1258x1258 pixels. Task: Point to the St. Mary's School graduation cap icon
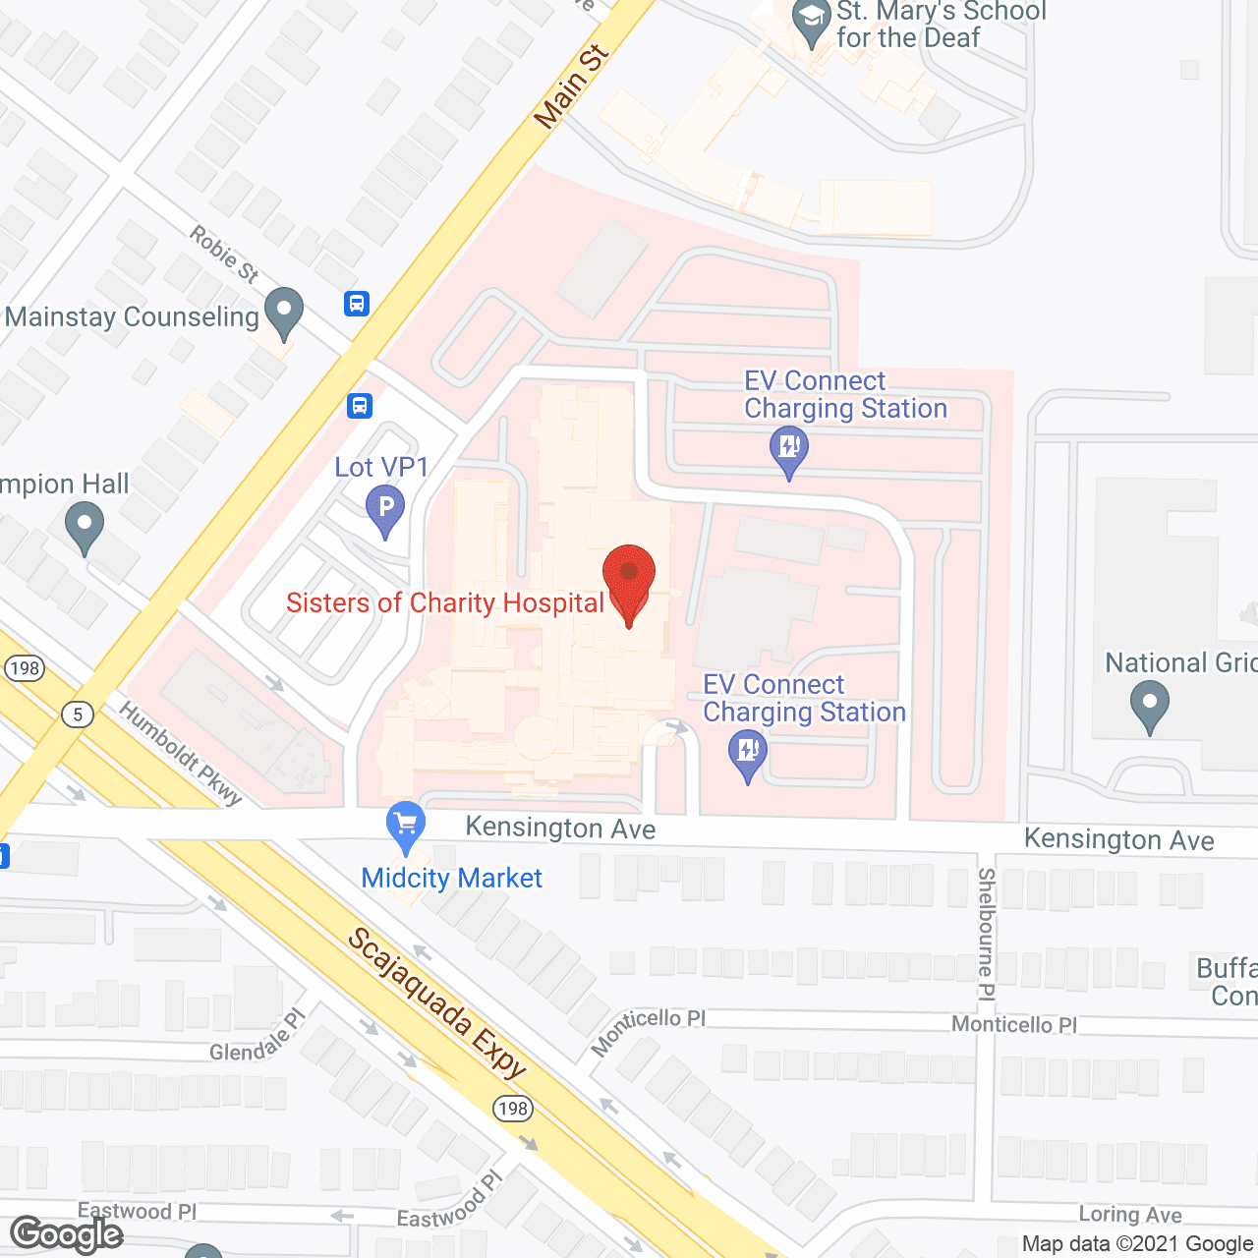pos(812,21)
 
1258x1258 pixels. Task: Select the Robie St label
pos(224,254)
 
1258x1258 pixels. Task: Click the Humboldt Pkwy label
pos(181,754)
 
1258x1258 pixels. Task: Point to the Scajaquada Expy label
pos(438,1003)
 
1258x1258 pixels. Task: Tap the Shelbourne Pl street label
pos(987,934)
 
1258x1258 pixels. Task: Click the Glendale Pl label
pos(258,1038)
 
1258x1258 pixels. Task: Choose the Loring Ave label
pos(1130,1215)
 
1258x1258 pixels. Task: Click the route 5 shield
pos(78,714)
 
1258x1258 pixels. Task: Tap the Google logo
pos(67,1234)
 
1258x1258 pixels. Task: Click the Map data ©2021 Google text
pos(1138,1244)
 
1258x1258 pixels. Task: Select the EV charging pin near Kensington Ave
pos(748,757)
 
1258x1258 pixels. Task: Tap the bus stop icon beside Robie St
pos(357,304)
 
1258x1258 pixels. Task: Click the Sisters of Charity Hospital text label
pos(444,602)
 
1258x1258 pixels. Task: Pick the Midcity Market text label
pos(451,878)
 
